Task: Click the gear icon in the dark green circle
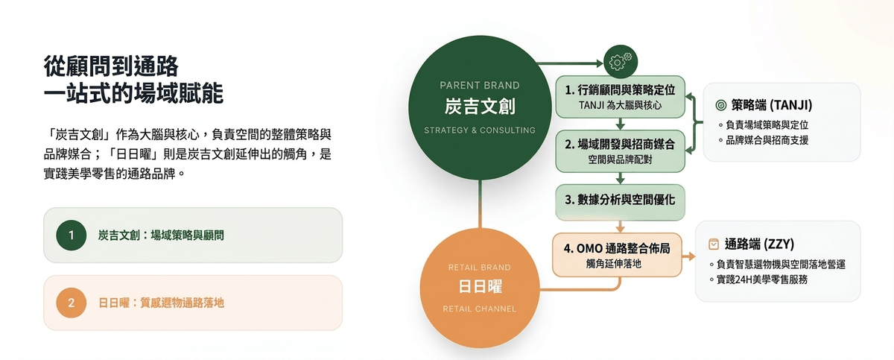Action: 621,62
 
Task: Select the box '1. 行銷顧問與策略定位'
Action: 620,97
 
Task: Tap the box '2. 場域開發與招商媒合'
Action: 620,151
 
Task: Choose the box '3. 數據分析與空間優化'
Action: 620,201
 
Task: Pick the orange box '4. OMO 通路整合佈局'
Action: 617,255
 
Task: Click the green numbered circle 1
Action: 72,235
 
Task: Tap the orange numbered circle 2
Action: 72,303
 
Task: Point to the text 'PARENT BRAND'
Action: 480,86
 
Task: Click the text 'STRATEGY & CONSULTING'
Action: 480,130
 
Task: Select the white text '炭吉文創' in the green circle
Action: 480,107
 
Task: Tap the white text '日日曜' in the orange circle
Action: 480,286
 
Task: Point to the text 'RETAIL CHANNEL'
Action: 480,309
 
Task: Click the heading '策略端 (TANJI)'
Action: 772,105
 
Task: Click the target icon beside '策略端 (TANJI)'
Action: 721,105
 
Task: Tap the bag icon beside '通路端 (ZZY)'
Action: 714,244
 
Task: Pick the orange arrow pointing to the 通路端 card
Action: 688,256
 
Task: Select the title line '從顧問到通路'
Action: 111,66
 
